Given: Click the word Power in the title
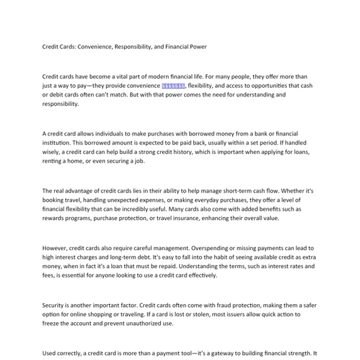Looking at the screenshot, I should coord(197,46).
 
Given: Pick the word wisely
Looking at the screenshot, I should coord(53,152).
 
